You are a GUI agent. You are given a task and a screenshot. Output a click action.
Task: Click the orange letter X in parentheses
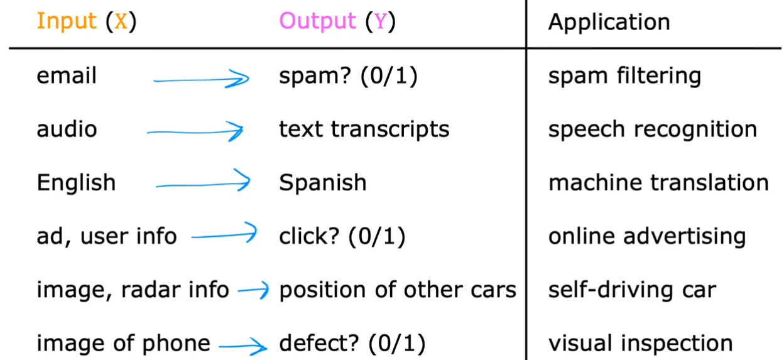121,21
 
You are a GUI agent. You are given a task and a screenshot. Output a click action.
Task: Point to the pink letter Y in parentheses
381,21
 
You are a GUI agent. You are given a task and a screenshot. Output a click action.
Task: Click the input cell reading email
67,75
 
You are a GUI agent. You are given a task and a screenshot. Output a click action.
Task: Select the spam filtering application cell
624,77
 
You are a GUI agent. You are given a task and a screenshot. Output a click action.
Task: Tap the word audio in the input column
67,129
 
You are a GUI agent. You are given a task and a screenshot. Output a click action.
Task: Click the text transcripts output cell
364,130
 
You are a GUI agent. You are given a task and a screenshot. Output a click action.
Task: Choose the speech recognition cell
653,130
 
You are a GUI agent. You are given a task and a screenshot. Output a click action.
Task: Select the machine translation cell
658,182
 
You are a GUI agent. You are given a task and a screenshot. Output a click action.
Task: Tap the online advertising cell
647,237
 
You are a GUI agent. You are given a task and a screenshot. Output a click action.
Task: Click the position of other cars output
398,290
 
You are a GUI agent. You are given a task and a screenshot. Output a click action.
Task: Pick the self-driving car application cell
632,290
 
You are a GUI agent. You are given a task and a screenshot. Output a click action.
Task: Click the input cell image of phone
123,344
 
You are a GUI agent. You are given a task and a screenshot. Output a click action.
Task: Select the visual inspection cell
641,344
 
